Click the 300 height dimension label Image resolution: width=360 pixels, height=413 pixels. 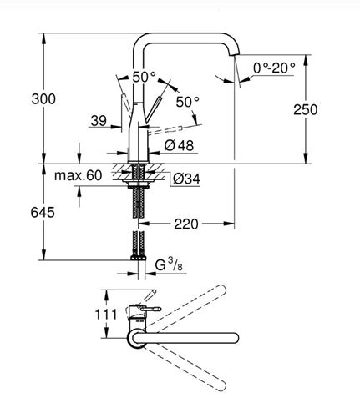(x=43, y=99)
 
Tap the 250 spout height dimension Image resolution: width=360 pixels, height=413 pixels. (x=306, y=109)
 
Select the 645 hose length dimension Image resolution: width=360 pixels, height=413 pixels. (x=43, y=213)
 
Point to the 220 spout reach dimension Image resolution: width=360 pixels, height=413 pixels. (x=186, y=224)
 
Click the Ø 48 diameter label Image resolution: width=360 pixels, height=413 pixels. (x=179, y=145)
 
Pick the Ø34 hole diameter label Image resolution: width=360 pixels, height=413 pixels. (x=186, y=179)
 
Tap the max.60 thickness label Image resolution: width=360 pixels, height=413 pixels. (x=79, y=175)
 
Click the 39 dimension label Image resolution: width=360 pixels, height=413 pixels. (x=99, y=121)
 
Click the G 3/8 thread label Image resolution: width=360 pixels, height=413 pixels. (x=169, y=264)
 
